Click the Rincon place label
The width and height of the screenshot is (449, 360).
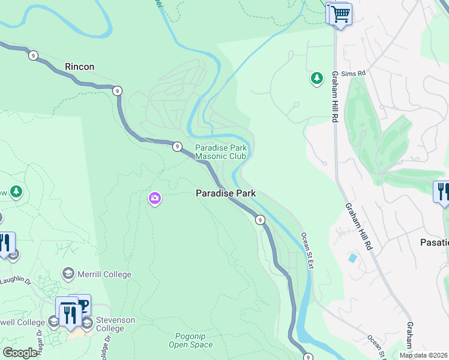(80, 67)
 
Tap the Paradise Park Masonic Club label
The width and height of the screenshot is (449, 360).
(220, 152)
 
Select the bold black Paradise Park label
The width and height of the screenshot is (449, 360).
(226, 193)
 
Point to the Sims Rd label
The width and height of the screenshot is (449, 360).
(354, 73)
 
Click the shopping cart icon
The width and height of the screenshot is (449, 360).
(340, 13)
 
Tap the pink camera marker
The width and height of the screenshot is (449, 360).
(155, 198)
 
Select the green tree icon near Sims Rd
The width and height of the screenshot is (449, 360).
(316, 78)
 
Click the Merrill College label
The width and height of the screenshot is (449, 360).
(104, 274)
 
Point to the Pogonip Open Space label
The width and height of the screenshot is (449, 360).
(190, 340)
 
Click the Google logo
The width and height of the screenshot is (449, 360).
(20, 353)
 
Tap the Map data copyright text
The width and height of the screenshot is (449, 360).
(423, 355)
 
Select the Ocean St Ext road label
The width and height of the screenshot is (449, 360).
(307, 251)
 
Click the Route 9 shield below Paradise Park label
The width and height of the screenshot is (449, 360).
(260, 220)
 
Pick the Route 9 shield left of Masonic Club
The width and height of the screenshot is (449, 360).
(177, 146)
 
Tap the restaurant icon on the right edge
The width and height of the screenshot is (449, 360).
(442, 192)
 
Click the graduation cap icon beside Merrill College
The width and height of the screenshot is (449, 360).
(68, 274)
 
